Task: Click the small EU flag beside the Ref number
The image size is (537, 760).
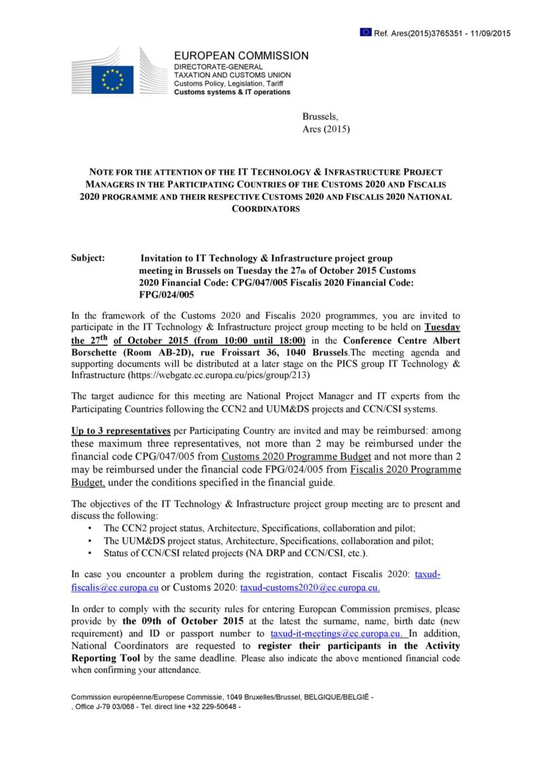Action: pyautogui.click(x=366, y=33)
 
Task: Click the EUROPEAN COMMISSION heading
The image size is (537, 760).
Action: pyautogui.click(x=241, y=56)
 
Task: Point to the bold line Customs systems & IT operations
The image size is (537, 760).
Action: pyautogui.click(x=232, y=92)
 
